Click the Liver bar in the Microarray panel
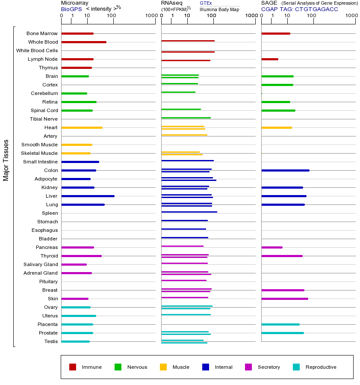pyautogui.click(x=88, y=196)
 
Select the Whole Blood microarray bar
pyautogui.click(x=84, y=42)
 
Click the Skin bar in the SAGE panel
pyautogui.click(x=284, y=299)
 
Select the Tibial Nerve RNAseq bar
pyautogui.click(x=186, y=118)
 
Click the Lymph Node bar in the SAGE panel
pyautogui.click(x=270, y=59)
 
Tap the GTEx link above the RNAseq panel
pyautogui.click(x=206, y=3)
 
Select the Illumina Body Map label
pyautogui.click(x=219, y=9)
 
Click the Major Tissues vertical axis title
pyautogui.click(x=6, y=160)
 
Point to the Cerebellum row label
pyautogui.click(x=44, y=93)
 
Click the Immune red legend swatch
pyautogui.click(x=73, y=367)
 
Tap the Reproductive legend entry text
pyautogui.click(x=321, y=367)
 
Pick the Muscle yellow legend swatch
pyautogui.click(x=163, y=367)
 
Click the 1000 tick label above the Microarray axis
pyautogui.click(x=150, y=16)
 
